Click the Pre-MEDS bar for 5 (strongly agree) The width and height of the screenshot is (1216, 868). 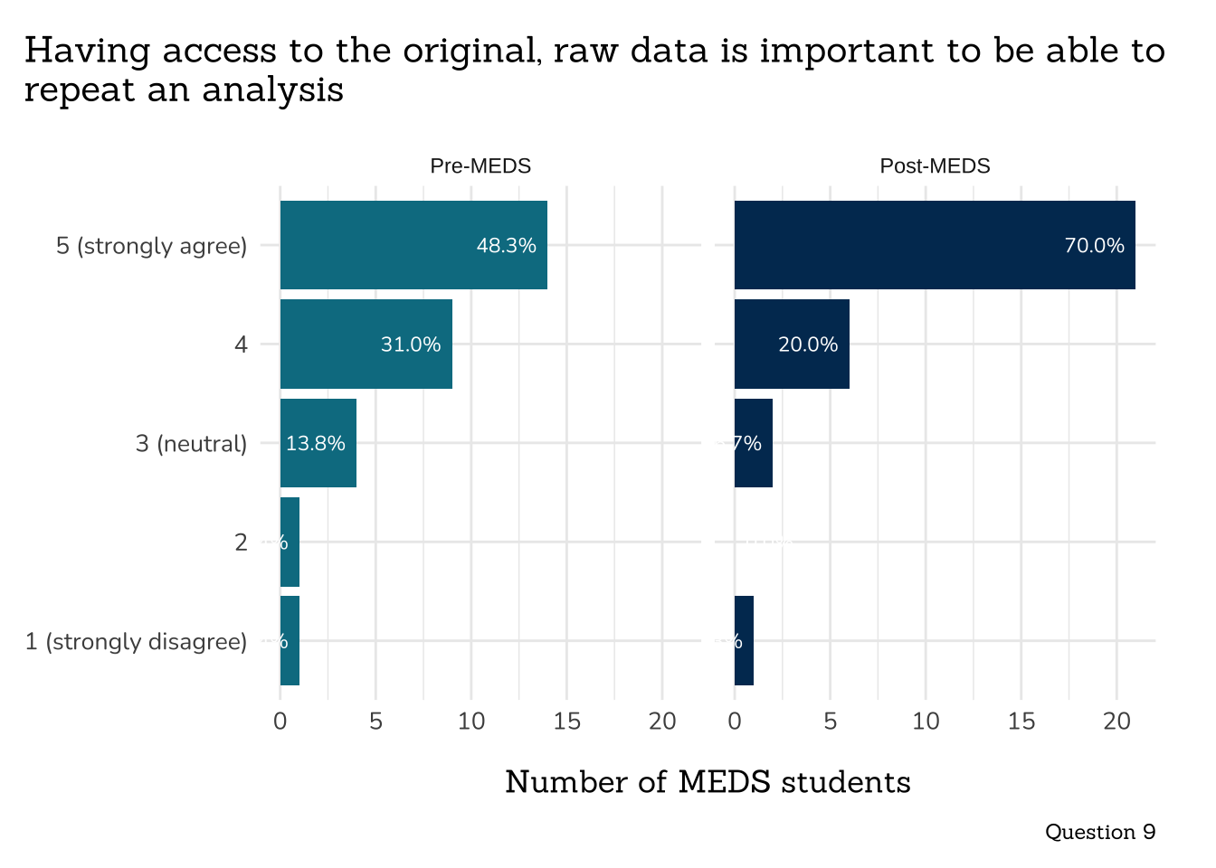pos(413,245)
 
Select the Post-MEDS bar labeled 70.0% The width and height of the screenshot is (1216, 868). pos(934,245)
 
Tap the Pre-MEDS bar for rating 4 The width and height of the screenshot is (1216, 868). pos(366,344)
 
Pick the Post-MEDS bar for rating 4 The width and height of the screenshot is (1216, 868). pos(792,344)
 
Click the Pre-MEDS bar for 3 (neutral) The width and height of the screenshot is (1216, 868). pos(318,443)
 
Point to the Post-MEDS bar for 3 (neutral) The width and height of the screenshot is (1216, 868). pos(754,443)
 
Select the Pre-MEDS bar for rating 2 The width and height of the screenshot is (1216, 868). pos(290,542)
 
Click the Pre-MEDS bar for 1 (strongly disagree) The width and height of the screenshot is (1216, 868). pos(290,641)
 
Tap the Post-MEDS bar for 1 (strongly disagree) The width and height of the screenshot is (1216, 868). pos(744,641)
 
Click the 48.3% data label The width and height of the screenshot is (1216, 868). pos(506,245)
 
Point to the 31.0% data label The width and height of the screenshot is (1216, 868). pos(411,344)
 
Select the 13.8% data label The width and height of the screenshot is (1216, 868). pos(315,443)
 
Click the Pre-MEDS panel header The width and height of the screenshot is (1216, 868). pos(480,166)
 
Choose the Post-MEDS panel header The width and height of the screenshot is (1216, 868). pos(935,166)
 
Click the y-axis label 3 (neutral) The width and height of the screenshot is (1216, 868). pos(191,444)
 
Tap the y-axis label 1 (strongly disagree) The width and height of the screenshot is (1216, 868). pos(136,642)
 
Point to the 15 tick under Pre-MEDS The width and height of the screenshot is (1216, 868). pos(567,722)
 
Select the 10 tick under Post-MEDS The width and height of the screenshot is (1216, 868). pos(926,722)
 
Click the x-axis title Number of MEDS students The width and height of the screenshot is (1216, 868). pos(708,782)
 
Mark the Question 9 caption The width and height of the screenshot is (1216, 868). pos(1099,832)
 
